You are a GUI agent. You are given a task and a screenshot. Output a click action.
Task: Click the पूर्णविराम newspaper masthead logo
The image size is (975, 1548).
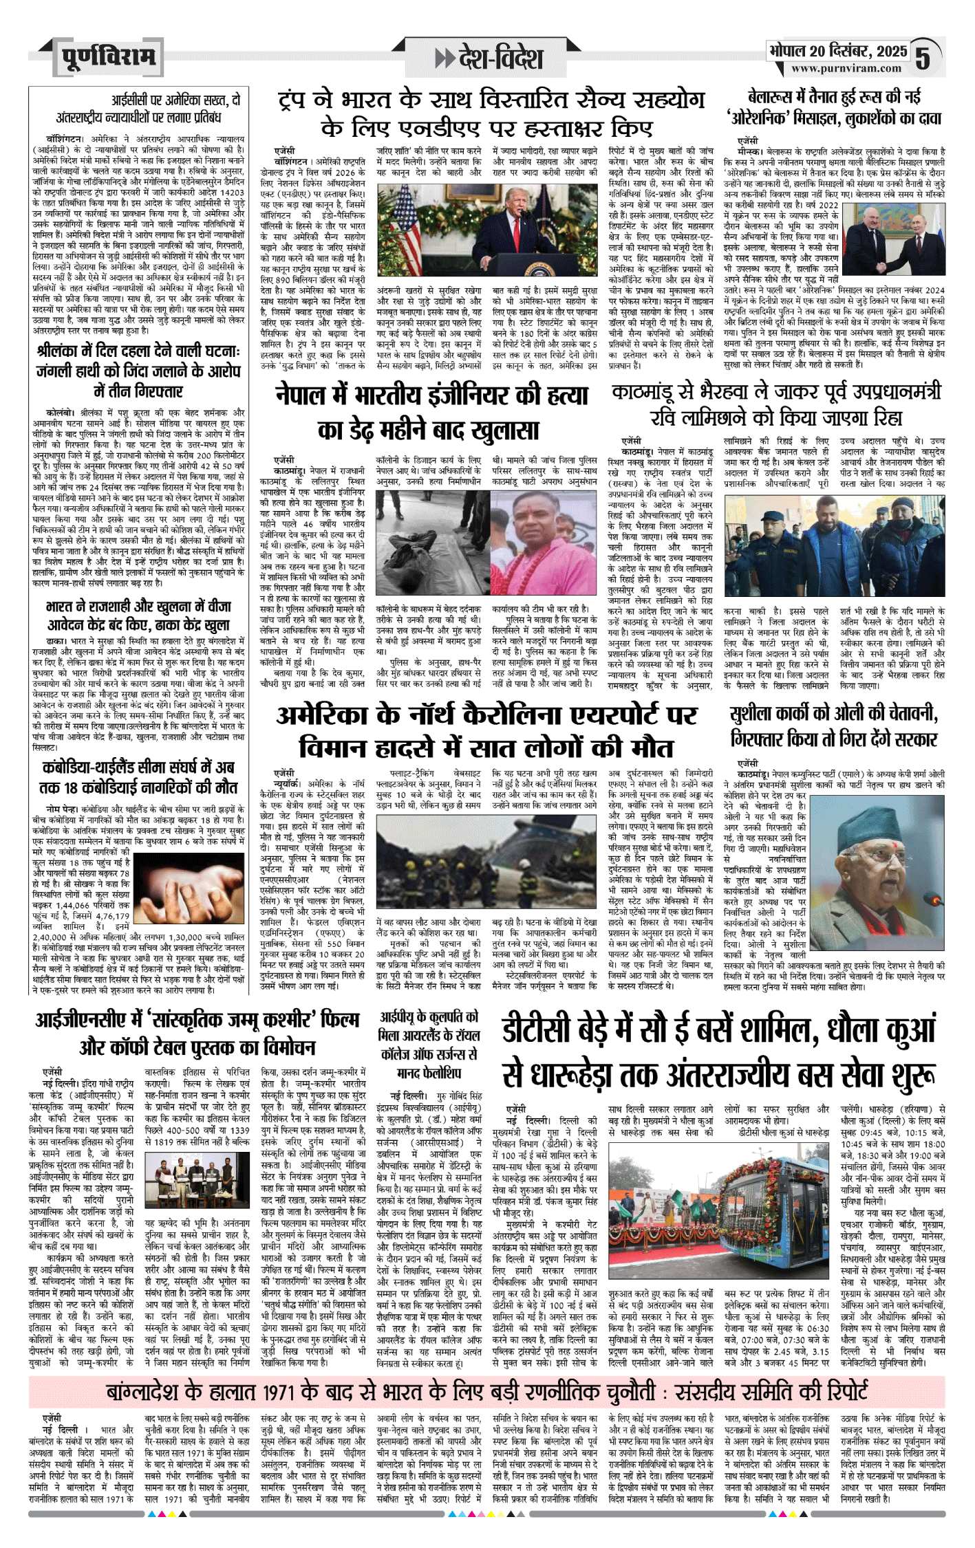108,56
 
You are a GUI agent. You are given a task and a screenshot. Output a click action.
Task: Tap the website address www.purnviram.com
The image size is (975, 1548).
846,69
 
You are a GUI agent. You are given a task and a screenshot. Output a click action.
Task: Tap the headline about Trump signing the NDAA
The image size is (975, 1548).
491,113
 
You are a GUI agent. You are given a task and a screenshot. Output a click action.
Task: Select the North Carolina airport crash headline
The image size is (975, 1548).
486,730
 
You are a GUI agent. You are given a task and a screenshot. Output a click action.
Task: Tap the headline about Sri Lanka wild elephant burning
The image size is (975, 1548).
138,371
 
